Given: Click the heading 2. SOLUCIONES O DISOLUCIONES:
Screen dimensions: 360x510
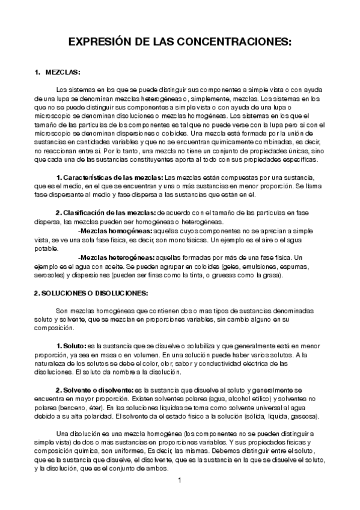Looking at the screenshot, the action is point(91,293).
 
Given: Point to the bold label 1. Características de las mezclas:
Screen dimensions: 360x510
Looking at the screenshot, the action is point(109,178).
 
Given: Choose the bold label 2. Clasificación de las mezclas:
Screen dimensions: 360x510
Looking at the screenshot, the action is point(105,212).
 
